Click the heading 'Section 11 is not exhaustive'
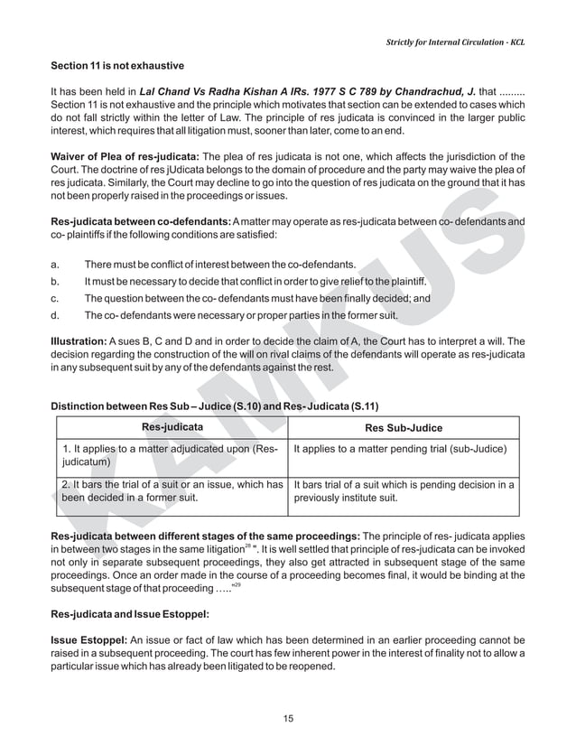117,67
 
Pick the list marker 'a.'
56,266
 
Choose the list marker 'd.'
56,316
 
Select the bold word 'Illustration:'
78,342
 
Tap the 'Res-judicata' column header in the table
172,427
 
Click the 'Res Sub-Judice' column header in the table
403,428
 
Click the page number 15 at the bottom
288,719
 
